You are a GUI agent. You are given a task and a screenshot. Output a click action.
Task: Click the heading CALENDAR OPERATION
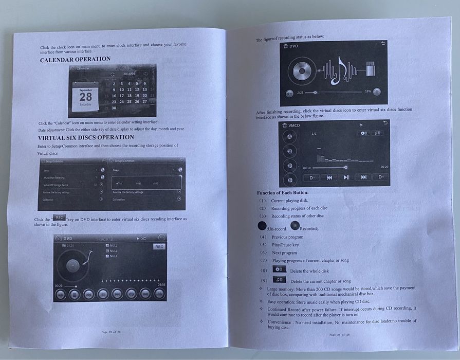[75, 59]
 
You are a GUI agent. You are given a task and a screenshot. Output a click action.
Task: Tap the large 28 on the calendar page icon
[85, 97]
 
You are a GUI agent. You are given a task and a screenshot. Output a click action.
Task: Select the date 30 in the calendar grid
[114, 108]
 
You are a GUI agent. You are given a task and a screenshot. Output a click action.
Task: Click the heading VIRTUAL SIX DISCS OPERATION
[86, 138]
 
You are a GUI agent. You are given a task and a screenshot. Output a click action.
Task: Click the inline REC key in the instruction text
[59, 218]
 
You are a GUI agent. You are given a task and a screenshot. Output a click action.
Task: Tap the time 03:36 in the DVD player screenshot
[161, 284]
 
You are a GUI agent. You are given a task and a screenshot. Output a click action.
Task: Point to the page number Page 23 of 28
[111, 332]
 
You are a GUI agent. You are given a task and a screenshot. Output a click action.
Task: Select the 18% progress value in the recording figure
[367, 92]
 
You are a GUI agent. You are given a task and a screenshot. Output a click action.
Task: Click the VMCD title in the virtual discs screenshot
[294, 125]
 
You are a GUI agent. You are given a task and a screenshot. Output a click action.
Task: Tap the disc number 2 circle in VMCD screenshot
[290, 151]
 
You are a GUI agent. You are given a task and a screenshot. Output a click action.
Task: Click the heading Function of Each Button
[283, 193]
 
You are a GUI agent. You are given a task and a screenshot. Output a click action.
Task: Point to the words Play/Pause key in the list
[285, 245]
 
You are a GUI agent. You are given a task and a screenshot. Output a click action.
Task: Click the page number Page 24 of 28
[339, 335]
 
